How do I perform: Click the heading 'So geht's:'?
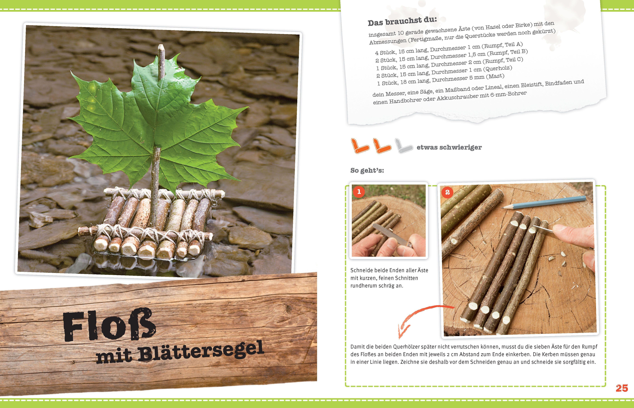point(367,170)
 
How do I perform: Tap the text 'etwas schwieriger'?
point(449,147)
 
